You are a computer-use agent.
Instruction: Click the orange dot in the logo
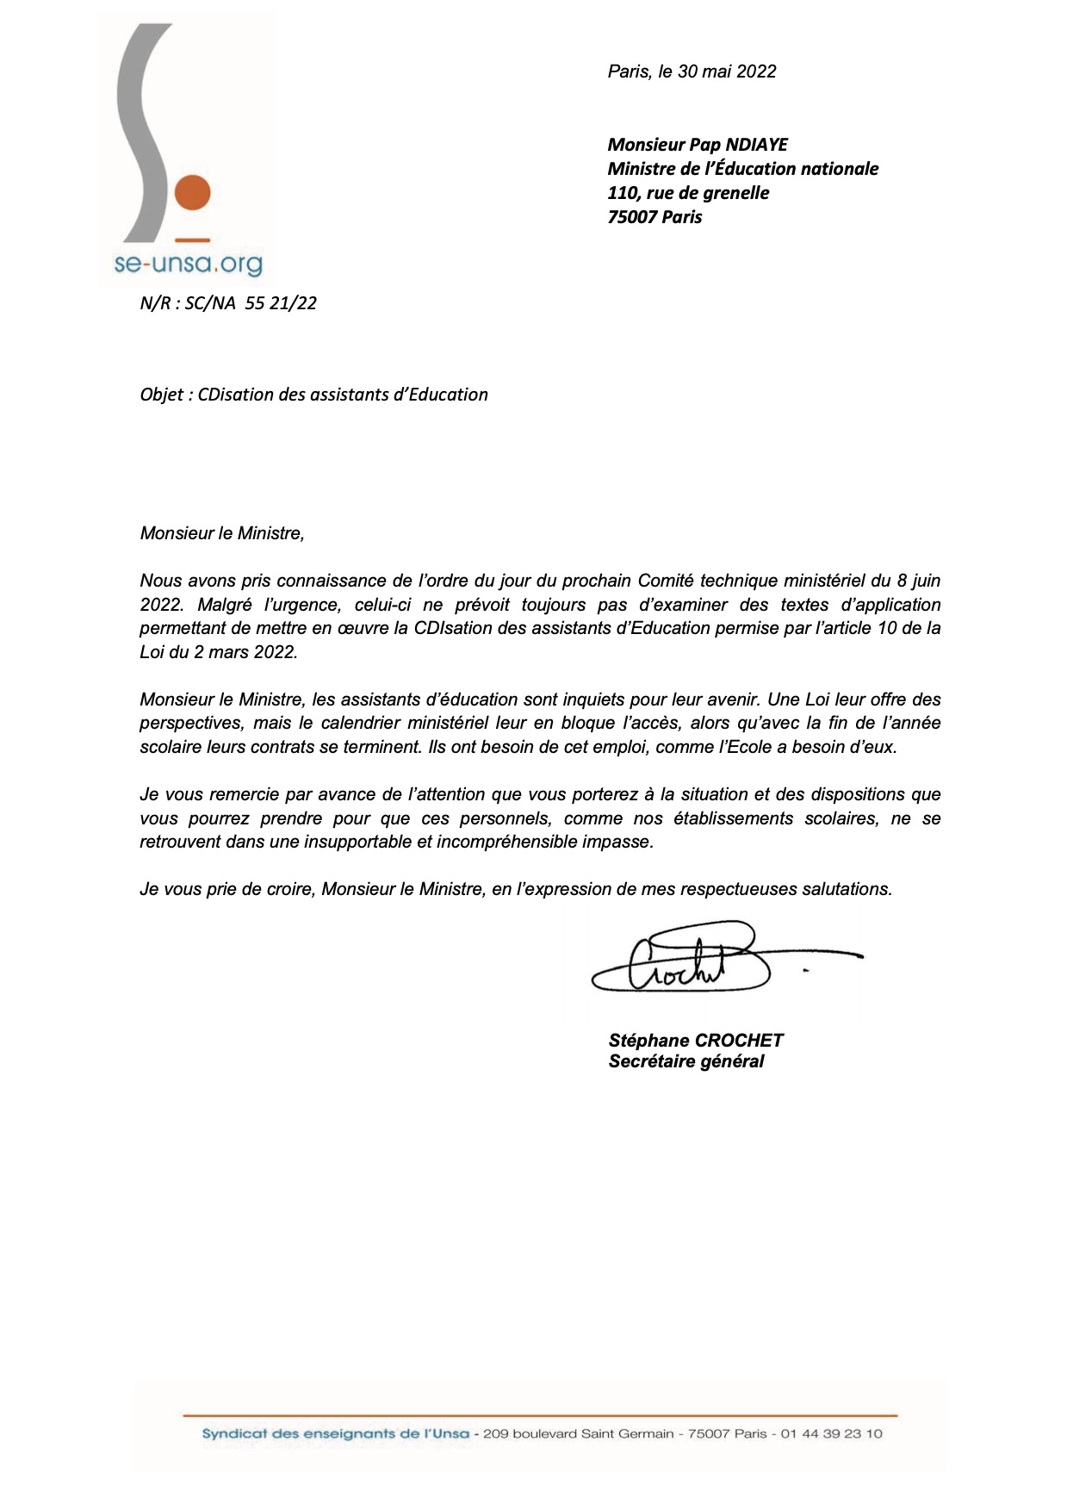[x=193, y=192]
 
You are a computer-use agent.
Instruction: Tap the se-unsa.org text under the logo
[x=188, y=264]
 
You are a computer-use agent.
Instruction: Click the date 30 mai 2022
[x=727, y=72]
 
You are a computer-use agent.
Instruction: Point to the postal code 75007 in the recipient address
[x=633, y=217]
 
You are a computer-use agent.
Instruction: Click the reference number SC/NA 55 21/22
[x=251, y=303]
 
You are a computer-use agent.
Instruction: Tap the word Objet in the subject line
[x=162, y=395]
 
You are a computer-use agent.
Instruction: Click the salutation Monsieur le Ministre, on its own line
[x=222, y=533]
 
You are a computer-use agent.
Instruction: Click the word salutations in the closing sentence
[x=847, y=889]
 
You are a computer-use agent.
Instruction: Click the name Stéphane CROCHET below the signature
[x=696, y=1041]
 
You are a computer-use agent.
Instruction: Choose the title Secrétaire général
[x=686, y=1061]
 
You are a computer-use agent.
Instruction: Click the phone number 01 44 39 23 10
[x=831, y=1434]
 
